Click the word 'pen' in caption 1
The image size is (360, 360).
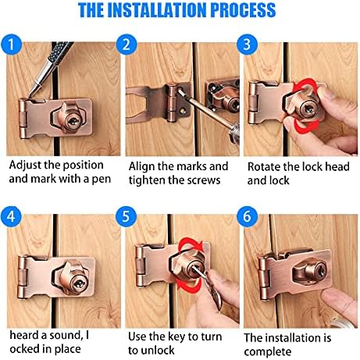(x=99, y=179)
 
